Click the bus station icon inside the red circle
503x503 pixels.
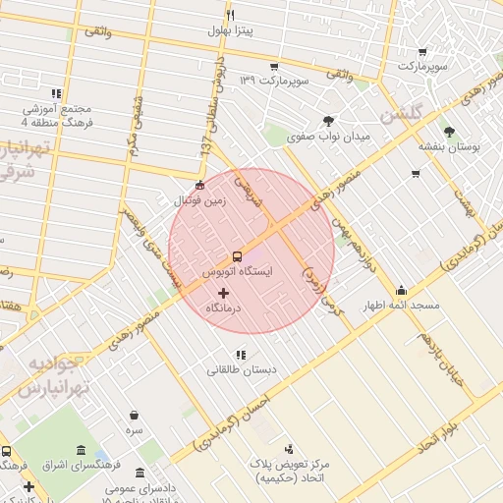coord(237,256)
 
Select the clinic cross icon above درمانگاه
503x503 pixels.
coord(222,293)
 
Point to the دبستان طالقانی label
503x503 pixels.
coord(241,370)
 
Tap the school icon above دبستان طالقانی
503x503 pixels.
coord(241,355)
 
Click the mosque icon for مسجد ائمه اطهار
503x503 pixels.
coord(401,291)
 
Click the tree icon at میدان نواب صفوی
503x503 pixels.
coord(328,121)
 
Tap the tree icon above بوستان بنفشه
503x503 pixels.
coord(449,131)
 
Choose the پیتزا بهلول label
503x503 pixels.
coord(231,30)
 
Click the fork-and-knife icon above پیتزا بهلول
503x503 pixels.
coord(231,15)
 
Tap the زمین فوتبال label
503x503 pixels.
coord(200,199)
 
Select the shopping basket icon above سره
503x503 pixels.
coord(134,416)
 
